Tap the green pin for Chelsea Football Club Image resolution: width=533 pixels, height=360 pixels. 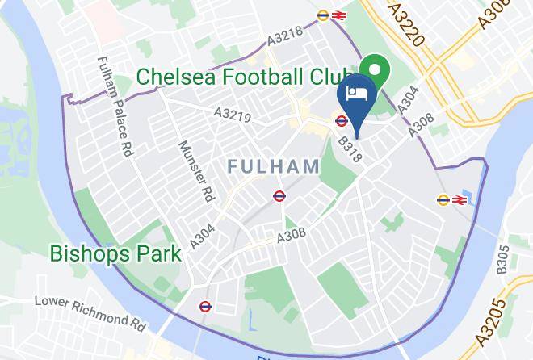[x=373, y=68]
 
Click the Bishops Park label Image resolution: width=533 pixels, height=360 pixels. [x=115, y=253]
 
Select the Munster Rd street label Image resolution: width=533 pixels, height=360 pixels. [x=195, y=171]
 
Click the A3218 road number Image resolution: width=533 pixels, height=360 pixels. [x=286, y=38]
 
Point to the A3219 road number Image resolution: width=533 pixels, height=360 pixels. [x=232, y=116]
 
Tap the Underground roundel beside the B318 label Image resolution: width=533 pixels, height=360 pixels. [x=342, y=122]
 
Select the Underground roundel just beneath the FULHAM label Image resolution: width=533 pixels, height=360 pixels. [x=279, y=195]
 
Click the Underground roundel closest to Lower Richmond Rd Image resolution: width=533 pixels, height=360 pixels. [x=204, y=307]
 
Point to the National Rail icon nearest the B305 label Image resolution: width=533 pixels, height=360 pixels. [x=460, y=199]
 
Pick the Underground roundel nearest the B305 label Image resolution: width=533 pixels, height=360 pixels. [x=443, y=199]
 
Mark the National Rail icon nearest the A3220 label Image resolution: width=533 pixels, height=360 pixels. [x=339, y=15]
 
